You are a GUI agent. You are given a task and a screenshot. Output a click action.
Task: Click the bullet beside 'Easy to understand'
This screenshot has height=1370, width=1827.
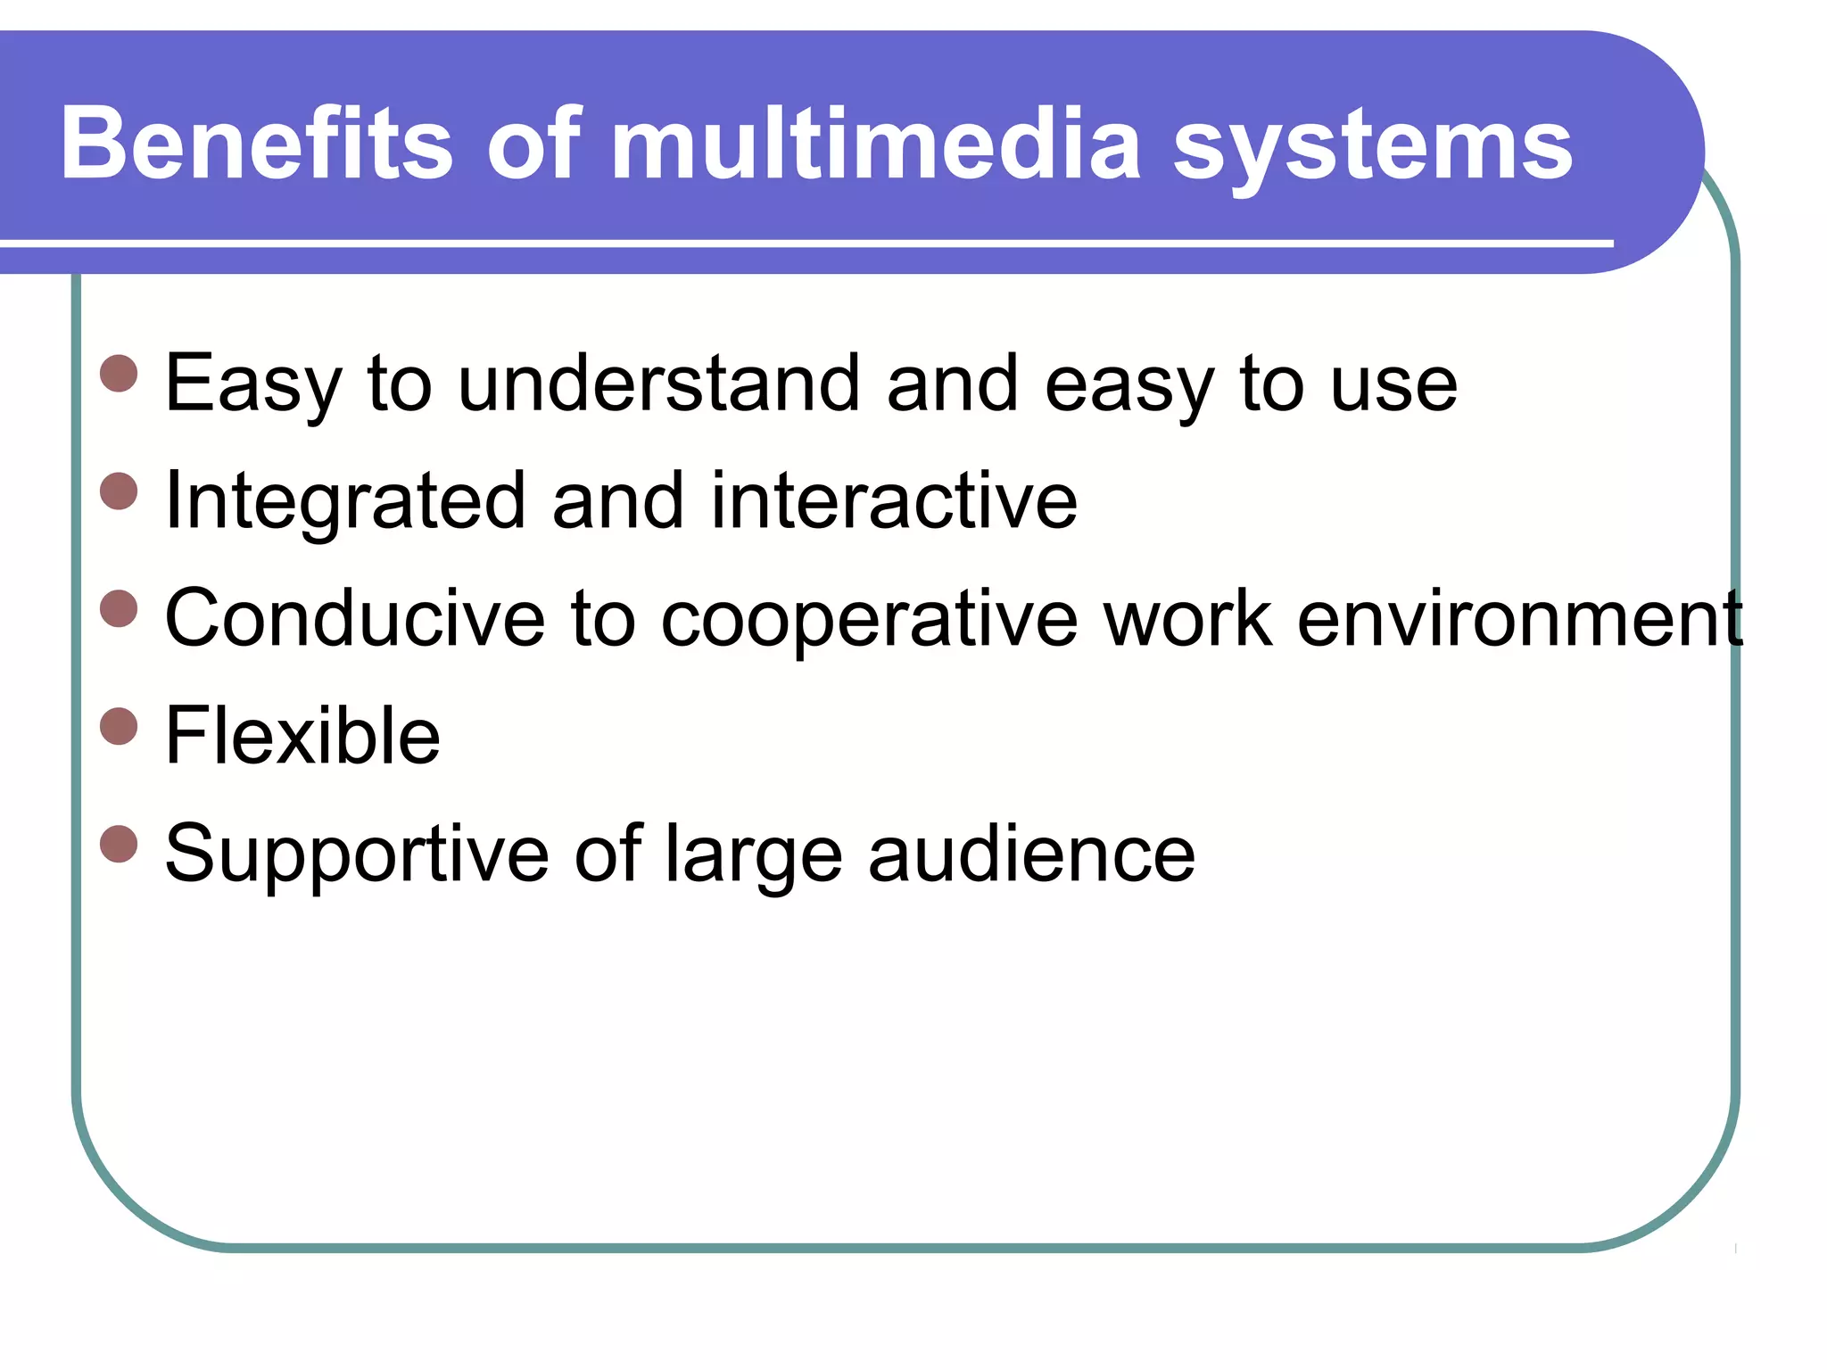click(x=120, y=374)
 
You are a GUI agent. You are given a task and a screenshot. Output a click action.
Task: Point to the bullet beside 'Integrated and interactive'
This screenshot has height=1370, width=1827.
click(x=120, y=491)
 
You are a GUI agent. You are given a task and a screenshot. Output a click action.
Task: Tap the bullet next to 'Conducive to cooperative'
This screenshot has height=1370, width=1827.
click(x=120, y=609)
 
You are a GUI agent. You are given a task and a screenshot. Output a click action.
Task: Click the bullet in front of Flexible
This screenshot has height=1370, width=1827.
click(x=120, y=726)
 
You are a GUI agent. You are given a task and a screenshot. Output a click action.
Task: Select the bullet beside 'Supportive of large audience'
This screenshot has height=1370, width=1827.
click(x=120, y=844)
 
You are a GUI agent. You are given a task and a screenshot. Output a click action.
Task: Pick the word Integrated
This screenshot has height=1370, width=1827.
click(x=344, y=501)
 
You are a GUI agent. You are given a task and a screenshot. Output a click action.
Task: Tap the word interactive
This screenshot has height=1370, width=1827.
click(x=894, y=501)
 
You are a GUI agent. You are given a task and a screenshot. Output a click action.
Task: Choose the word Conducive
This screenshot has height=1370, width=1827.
click(x=355, y=618)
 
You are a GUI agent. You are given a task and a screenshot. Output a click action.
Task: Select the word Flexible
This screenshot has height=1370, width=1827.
click(x=303, y=736)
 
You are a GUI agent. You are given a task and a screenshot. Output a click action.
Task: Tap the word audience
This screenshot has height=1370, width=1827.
click(x=1031, y=854)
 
